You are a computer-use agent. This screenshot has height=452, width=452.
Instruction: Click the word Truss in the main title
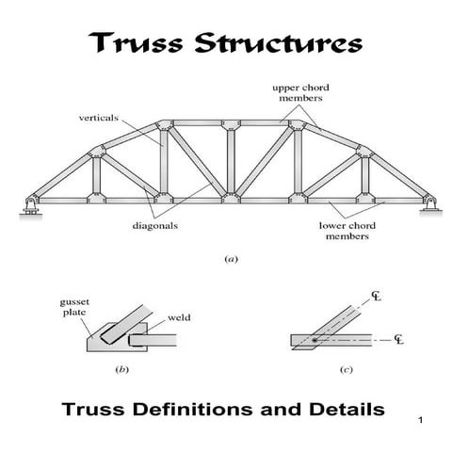click(x=136, y=43)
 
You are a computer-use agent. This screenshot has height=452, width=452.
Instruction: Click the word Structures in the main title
click(x=274, y=43)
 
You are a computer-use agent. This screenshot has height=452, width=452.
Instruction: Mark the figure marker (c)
click(x=346, y=370)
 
